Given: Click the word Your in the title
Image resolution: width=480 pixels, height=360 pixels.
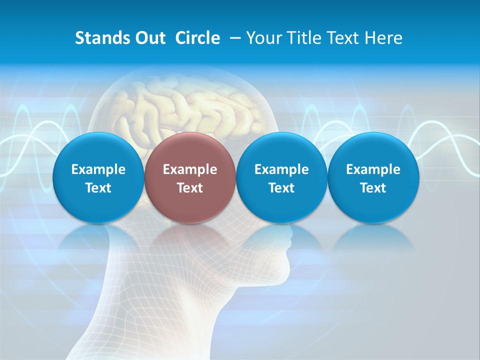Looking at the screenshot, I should pyautogui.click(x=263, y=38).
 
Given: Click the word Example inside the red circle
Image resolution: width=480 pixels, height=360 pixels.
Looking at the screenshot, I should pyautogui.click(x=190, y=169).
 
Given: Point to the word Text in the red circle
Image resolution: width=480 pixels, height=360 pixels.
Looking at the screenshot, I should pyautogui.click(x=190, y=188).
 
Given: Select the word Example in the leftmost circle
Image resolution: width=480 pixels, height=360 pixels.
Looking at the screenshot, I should pyautogui.click(x=98, y=169).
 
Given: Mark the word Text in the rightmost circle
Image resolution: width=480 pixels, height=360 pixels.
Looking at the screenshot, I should pyautogui.click(x=373, y=188).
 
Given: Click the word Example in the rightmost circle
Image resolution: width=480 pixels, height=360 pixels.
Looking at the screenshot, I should pyautogui.click(x=373, y=169).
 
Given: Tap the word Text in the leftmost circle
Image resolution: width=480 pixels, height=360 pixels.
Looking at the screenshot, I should pyautogui.click(x=98, y=188).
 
